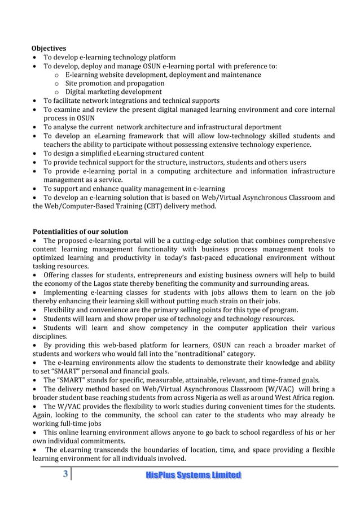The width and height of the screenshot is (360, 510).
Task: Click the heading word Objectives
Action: click(49, 49)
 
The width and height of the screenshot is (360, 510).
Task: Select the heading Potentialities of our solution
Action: click(80, 232)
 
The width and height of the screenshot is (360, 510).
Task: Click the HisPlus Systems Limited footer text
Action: click(193, 475)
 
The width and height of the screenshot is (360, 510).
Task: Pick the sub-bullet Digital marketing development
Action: click(113, 91)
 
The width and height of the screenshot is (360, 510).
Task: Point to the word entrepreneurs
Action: click(160, 274)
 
